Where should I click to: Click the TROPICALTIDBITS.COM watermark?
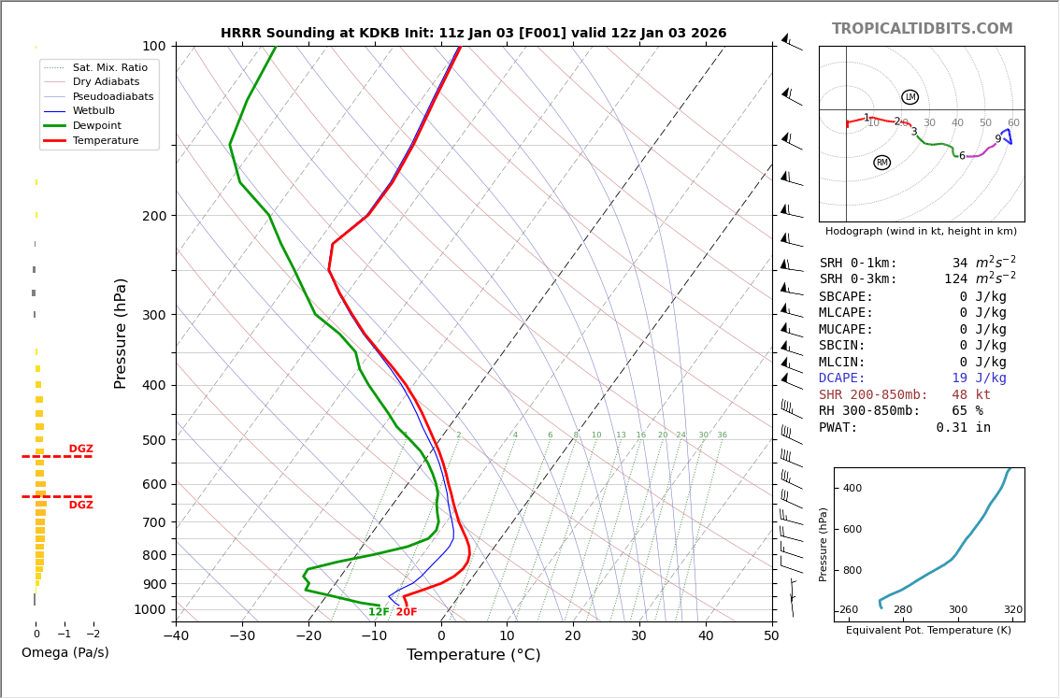[x=922, y=29]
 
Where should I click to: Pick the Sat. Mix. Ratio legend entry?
[x=109, y=67]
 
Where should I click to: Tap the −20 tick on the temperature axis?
[x=308, y=636]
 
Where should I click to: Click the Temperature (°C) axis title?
[x=473, y=655]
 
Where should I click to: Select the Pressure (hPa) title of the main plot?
[x=121, y=333]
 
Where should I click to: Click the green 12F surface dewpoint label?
[x=379, y=612]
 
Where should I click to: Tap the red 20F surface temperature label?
[x=407, y=612]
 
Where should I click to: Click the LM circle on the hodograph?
[x=910, y=97]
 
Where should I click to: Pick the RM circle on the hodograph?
[x=881, y=163]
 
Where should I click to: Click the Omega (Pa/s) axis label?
[x=64, y=652]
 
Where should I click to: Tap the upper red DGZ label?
[x=80, y=449]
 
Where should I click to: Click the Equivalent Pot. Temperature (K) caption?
[x=928, y=630]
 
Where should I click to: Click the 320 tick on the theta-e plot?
[x=1012, y=610]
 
